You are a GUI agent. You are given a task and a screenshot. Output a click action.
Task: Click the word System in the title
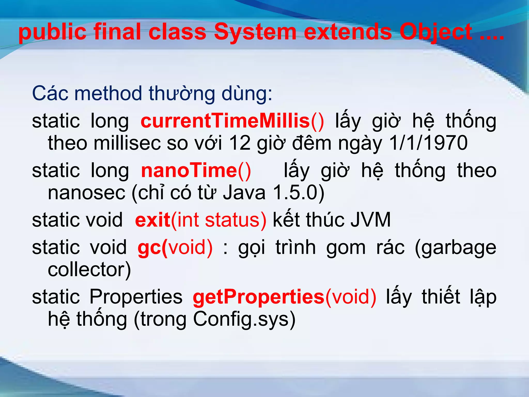255,32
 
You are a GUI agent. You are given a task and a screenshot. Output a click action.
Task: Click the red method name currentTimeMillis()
232,121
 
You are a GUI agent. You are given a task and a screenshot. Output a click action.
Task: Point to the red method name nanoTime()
196,171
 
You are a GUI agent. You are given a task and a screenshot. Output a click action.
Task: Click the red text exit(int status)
200,220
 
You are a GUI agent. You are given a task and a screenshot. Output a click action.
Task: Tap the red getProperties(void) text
284,297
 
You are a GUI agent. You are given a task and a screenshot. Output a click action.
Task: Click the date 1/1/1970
428,143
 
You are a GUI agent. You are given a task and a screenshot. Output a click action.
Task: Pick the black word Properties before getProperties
136,297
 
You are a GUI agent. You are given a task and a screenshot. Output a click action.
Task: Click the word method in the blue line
108,93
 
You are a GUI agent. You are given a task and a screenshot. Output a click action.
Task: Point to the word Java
244,193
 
